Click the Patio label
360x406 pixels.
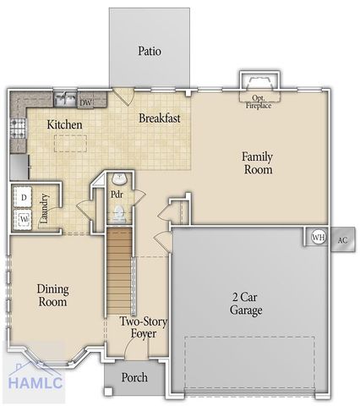[150, 51]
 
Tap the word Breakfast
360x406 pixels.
[160, 118]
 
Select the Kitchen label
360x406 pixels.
[64, 125]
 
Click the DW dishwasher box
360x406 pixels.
[86, 101]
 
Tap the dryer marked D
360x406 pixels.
[24, 197]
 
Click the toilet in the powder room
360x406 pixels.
[119, 215]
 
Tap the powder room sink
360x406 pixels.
[119, 178]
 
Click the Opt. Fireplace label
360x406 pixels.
[259, 101]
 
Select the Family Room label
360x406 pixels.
[258, 162]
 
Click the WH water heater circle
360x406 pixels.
[319, 238]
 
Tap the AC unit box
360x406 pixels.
[342, 239]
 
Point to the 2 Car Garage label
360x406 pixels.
[247, 304]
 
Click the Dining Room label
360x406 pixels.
[52, 295]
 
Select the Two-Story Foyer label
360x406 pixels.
[140, 327]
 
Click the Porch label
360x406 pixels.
[134, 377]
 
